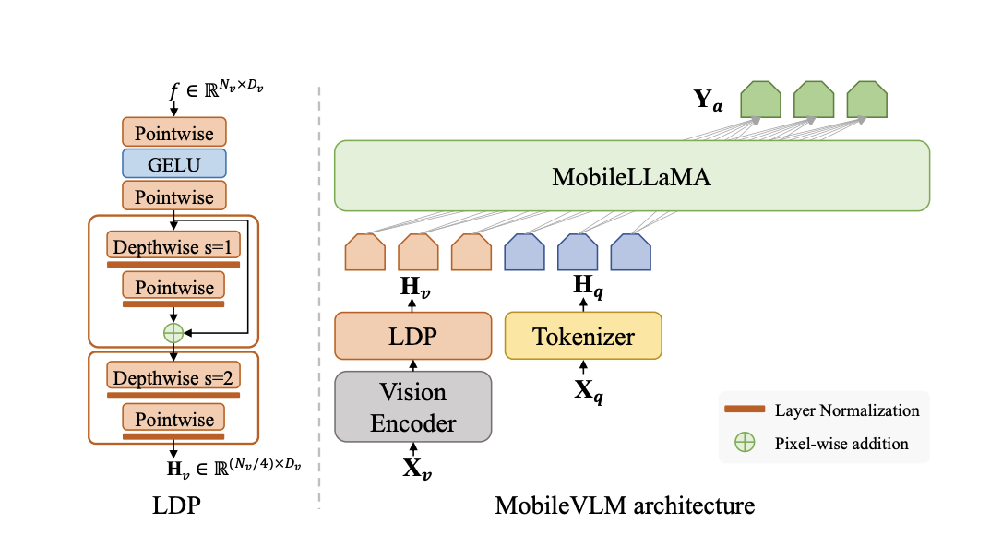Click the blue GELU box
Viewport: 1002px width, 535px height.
pyautogui.click(x=173, y=164)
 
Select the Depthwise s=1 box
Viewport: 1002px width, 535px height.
pyautogui.click(x=173, y=246)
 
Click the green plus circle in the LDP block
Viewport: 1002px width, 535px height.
pyautogui.click(x=173, y=332)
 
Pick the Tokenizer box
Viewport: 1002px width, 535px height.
pyautogui.click(x=583, y=336)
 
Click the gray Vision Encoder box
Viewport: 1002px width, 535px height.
pyautogui.click(x=412, y=408)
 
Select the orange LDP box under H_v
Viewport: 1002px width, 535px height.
pyautogui.click(x=412, y=336)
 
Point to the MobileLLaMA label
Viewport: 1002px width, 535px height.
pyautogui.click(x=631, y=176)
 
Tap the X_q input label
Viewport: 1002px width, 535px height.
pyautogui.click(x=583, y=391)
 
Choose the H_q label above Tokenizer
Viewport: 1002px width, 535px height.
pyautogui.click(x=583, y=286)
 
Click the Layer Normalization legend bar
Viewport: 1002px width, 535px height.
pyautogui.click(x=744, y=410)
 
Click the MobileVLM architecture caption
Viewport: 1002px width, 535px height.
pyautogui.click(x=625, y=505)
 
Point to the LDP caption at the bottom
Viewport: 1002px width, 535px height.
pyautogui.click(x=173, y=505)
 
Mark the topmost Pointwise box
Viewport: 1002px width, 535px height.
pyautogui.click(x=173, y=133)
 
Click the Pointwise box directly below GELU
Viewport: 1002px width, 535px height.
pyautogui.click(x=173, y=196)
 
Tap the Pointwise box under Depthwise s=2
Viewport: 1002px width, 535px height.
pyautogui.click(x=173, y=419)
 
